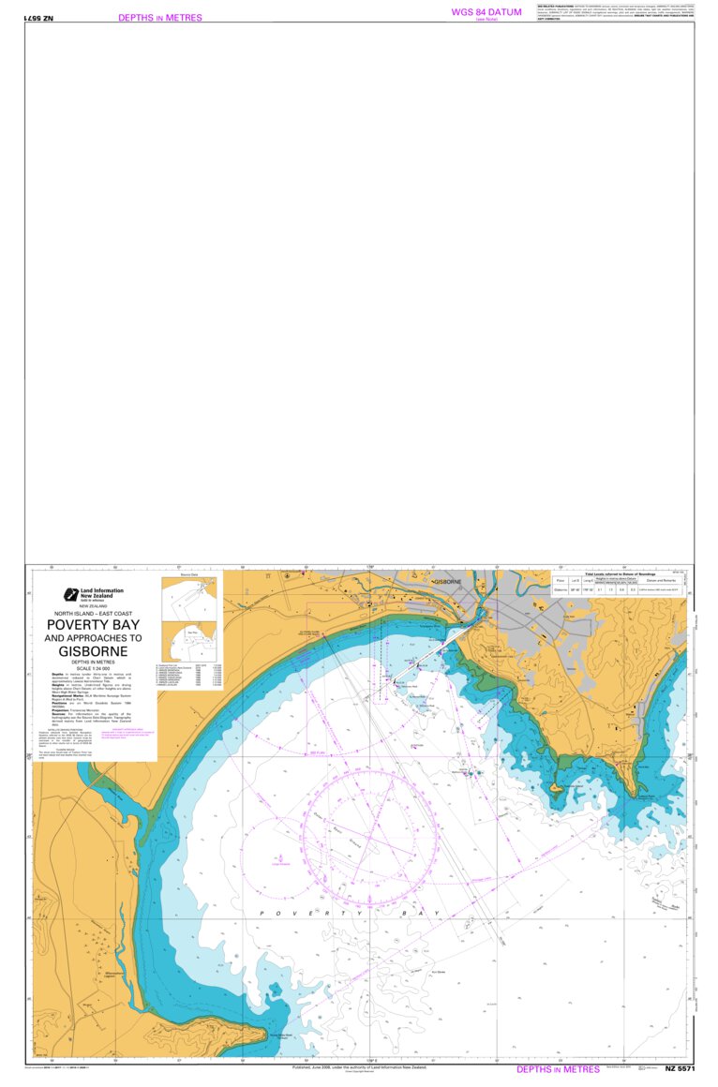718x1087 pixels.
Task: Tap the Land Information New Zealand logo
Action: [69, 594]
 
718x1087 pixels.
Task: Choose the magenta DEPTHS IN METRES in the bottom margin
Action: [558, 1069]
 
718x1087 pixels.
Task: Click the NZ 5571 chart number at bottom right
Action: [680, 1069]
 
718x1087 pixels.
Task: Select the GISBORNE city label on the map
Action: [447, 582]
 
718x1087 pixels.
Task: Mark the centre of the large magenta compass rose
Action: [370, 839]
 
